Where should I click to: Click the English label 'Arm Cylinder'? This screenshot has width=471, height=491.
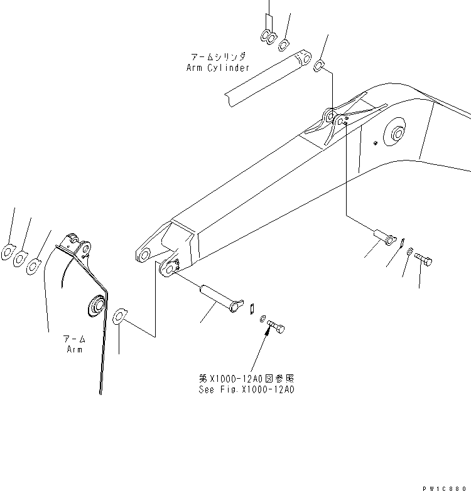[217, 68]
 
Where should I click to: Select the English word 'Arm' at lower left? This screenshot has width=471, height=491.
[75, 349]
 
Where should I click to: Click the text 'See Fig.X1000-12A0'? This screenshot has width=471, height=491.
[247, 389]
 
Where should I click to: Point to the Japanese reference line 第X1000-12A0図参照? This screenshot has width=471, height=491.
[247, 379]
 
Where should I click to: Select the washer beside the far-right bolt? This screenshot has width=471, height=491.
[409, 252]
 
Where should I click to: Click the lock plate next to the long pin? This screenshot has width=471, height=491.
[250, 307]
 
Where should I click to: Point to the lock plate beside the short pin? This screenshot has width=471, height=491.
[403, 241]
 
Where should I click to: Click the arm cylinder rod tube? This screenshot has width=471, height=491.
[266, 77]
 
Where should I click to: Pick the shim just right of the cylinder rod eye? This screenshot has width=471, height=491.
[319, 65]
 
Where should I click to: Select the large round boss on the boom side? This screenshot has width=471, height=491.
[399, 134]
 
